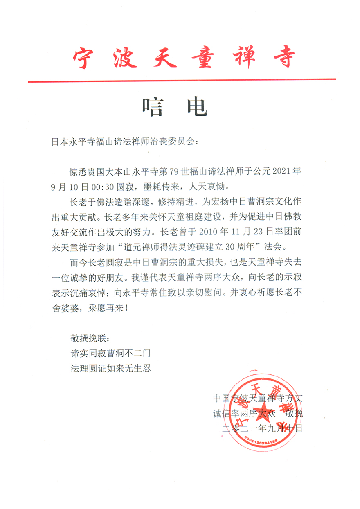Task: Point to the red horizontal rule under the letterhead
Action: pos(182,80)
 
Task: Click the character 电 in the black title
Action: pos(197,107)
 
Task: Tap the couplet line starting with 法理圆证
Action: pos(111,367)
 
